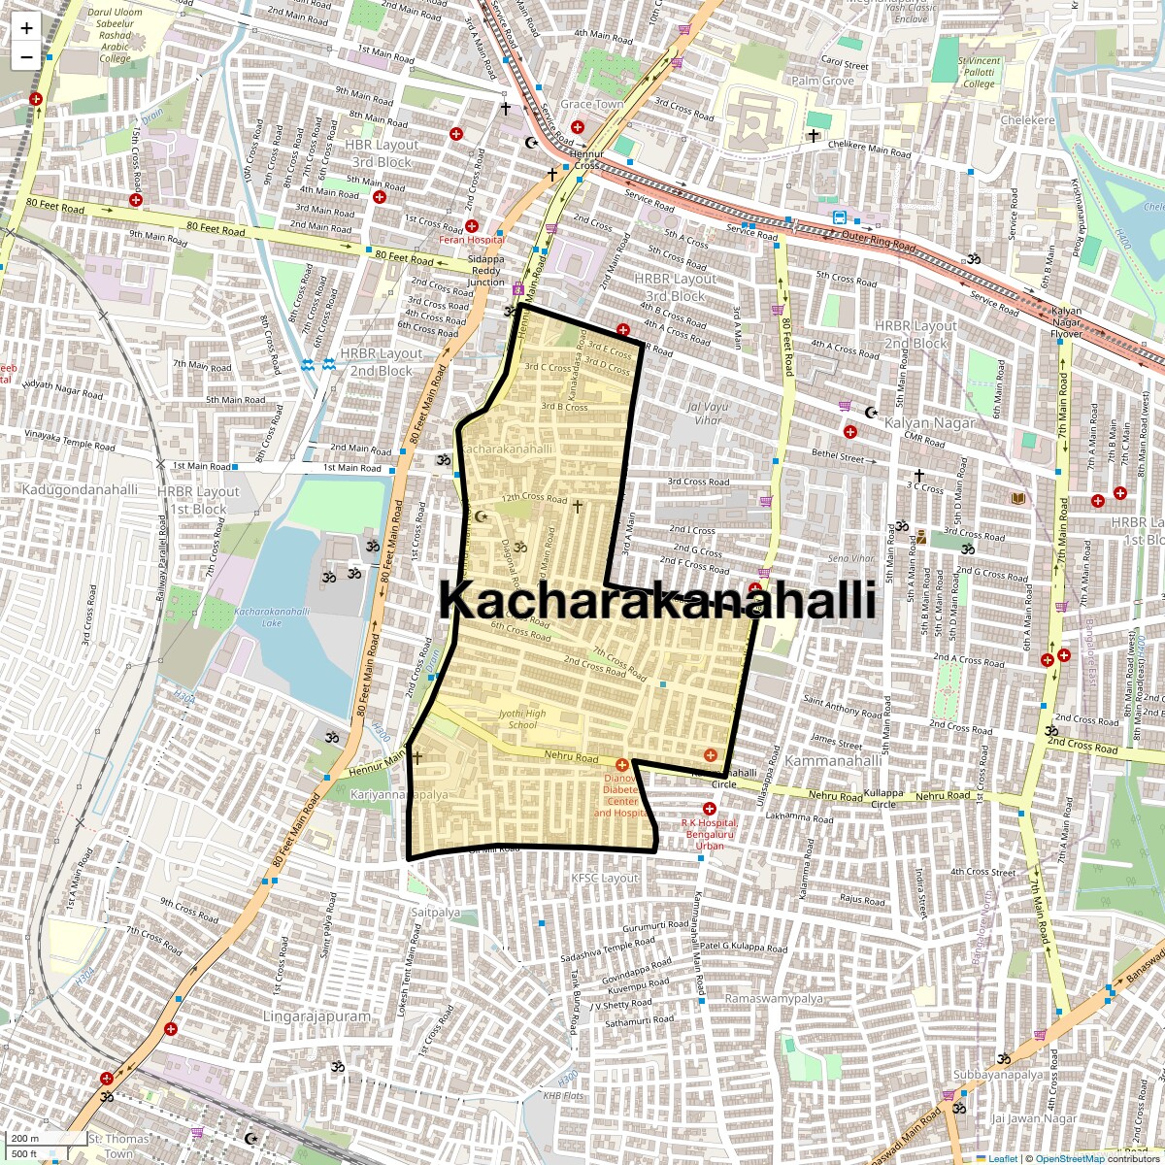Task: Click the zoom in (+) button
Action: click(26, 28)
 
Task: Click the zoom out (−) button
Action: click(26, 56)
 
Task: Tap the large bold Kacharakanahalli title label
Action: click(657, 600)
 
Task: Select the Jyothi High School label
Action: click(521, 719)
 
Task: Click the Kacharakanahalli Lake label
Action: click(272, 617)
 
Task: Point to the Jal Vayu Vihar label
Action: click(706, 414)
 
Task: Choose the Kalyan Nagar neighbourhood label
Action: click(929, 423)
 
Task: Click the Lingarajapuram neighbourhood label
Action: click(316, 1016)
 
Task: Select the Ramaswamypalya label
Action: click(774, 998)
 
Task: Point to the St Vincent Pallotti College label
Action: click(979, 72)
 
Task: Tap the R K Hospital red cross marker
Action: click(710, 809)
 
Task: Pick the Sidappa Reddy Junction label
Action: click(486, 271)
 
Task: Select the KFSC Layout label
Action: click(605, 878)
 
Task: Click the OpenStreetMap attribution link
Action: click(1069, 1158)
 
